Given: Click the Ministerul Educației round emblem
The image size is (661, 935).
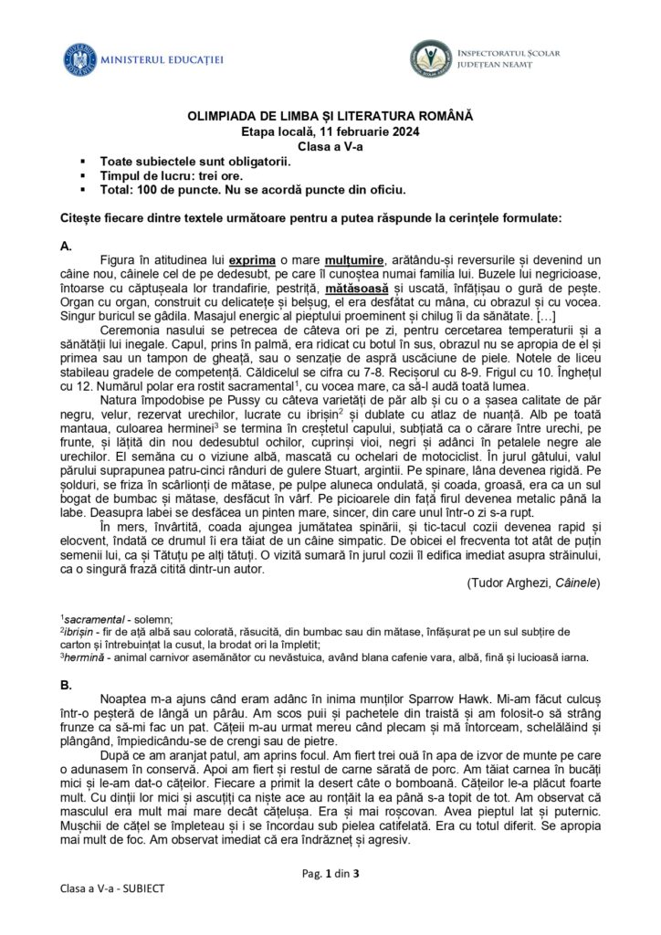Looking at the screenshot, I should point(79,59).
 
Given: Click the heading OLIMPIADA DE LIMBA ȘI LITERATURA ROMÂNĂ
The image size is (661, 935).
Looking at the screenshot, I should point(330,117).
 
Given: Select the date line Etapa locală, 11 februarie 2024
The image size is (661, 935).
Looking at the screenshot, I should point(330,131).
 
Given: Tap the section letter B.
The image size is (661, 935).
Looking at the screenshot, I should point(65,683).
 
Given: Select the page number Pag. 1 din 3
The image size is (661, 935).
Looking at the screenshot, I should point(330,873).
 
